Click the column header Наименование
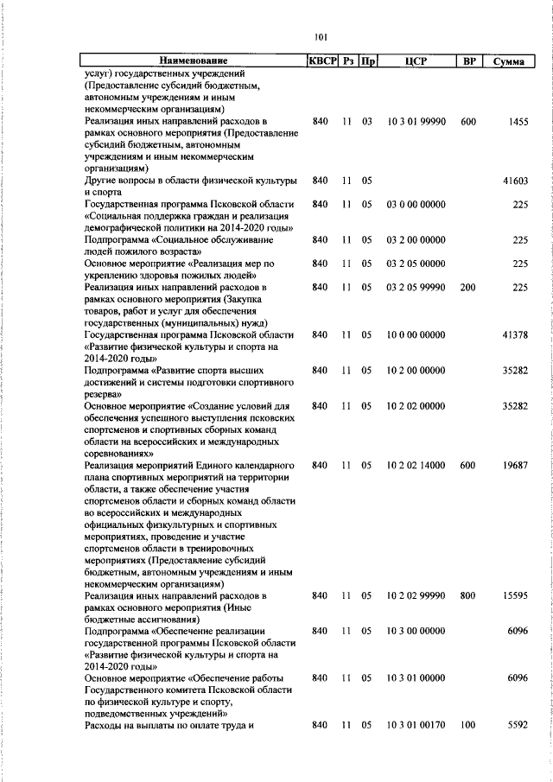(x=193, y=60)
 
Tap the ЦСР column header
(x=416, y=60)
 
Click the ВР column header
(x=468, y=60)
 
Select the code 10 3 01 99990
(x=416, y=123)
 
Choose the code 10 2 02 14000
(x=416, y=464)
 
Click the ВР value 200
(x=468, y=286)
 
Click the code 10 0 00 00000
(x=416, y=334)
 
